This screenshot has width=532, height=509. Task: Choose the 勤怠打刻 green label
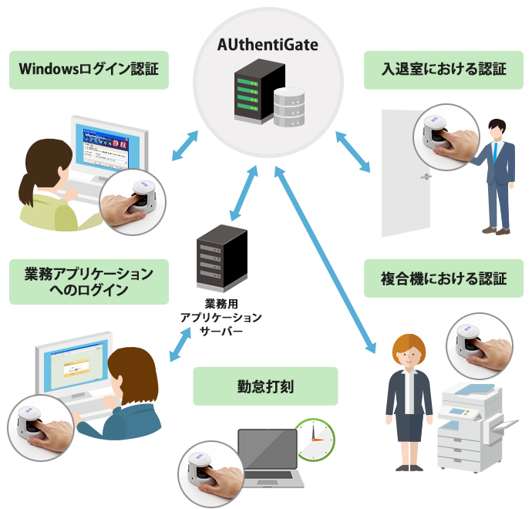[265, 386]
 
